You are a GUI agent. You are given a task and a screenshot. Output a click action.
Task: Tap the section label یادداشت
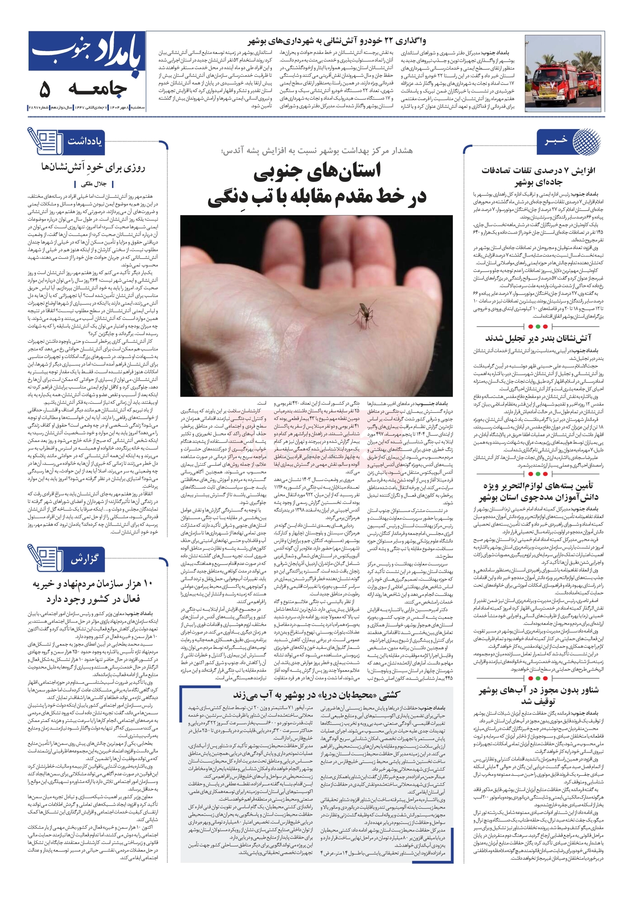pyautogui.click(x=85, y=141)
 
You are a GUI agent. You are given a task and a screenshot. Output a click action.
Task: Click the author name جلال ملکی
pyautogui.click(x=93, y=184)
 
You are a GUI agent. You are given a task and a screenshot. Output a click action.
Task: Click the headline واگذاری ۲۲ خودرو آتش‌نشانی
pyautogui.click(x=337, y=41)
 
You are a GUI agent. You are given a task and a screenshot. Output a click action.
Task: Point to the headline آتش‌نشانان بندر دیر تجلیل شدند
pyautogui.click(x=538, y=338)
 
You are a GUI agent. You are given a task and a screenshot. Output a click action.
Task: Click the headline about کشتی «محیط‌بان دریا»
pyautogui.click(x=316, y=695)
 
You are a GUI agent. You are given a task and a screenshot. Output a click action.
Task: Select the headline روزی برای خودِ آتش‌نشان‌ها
pyautogui.click(x=93, y=168)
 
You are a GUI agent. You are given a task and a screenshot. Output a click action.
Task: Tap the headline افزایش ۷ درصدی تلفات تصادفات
pyautogui.click(x=538, y=176)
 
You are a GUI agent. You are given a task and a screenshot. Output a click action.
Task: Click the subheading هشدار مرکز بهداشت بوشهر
pyautogui.click(x=317, y=150)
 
